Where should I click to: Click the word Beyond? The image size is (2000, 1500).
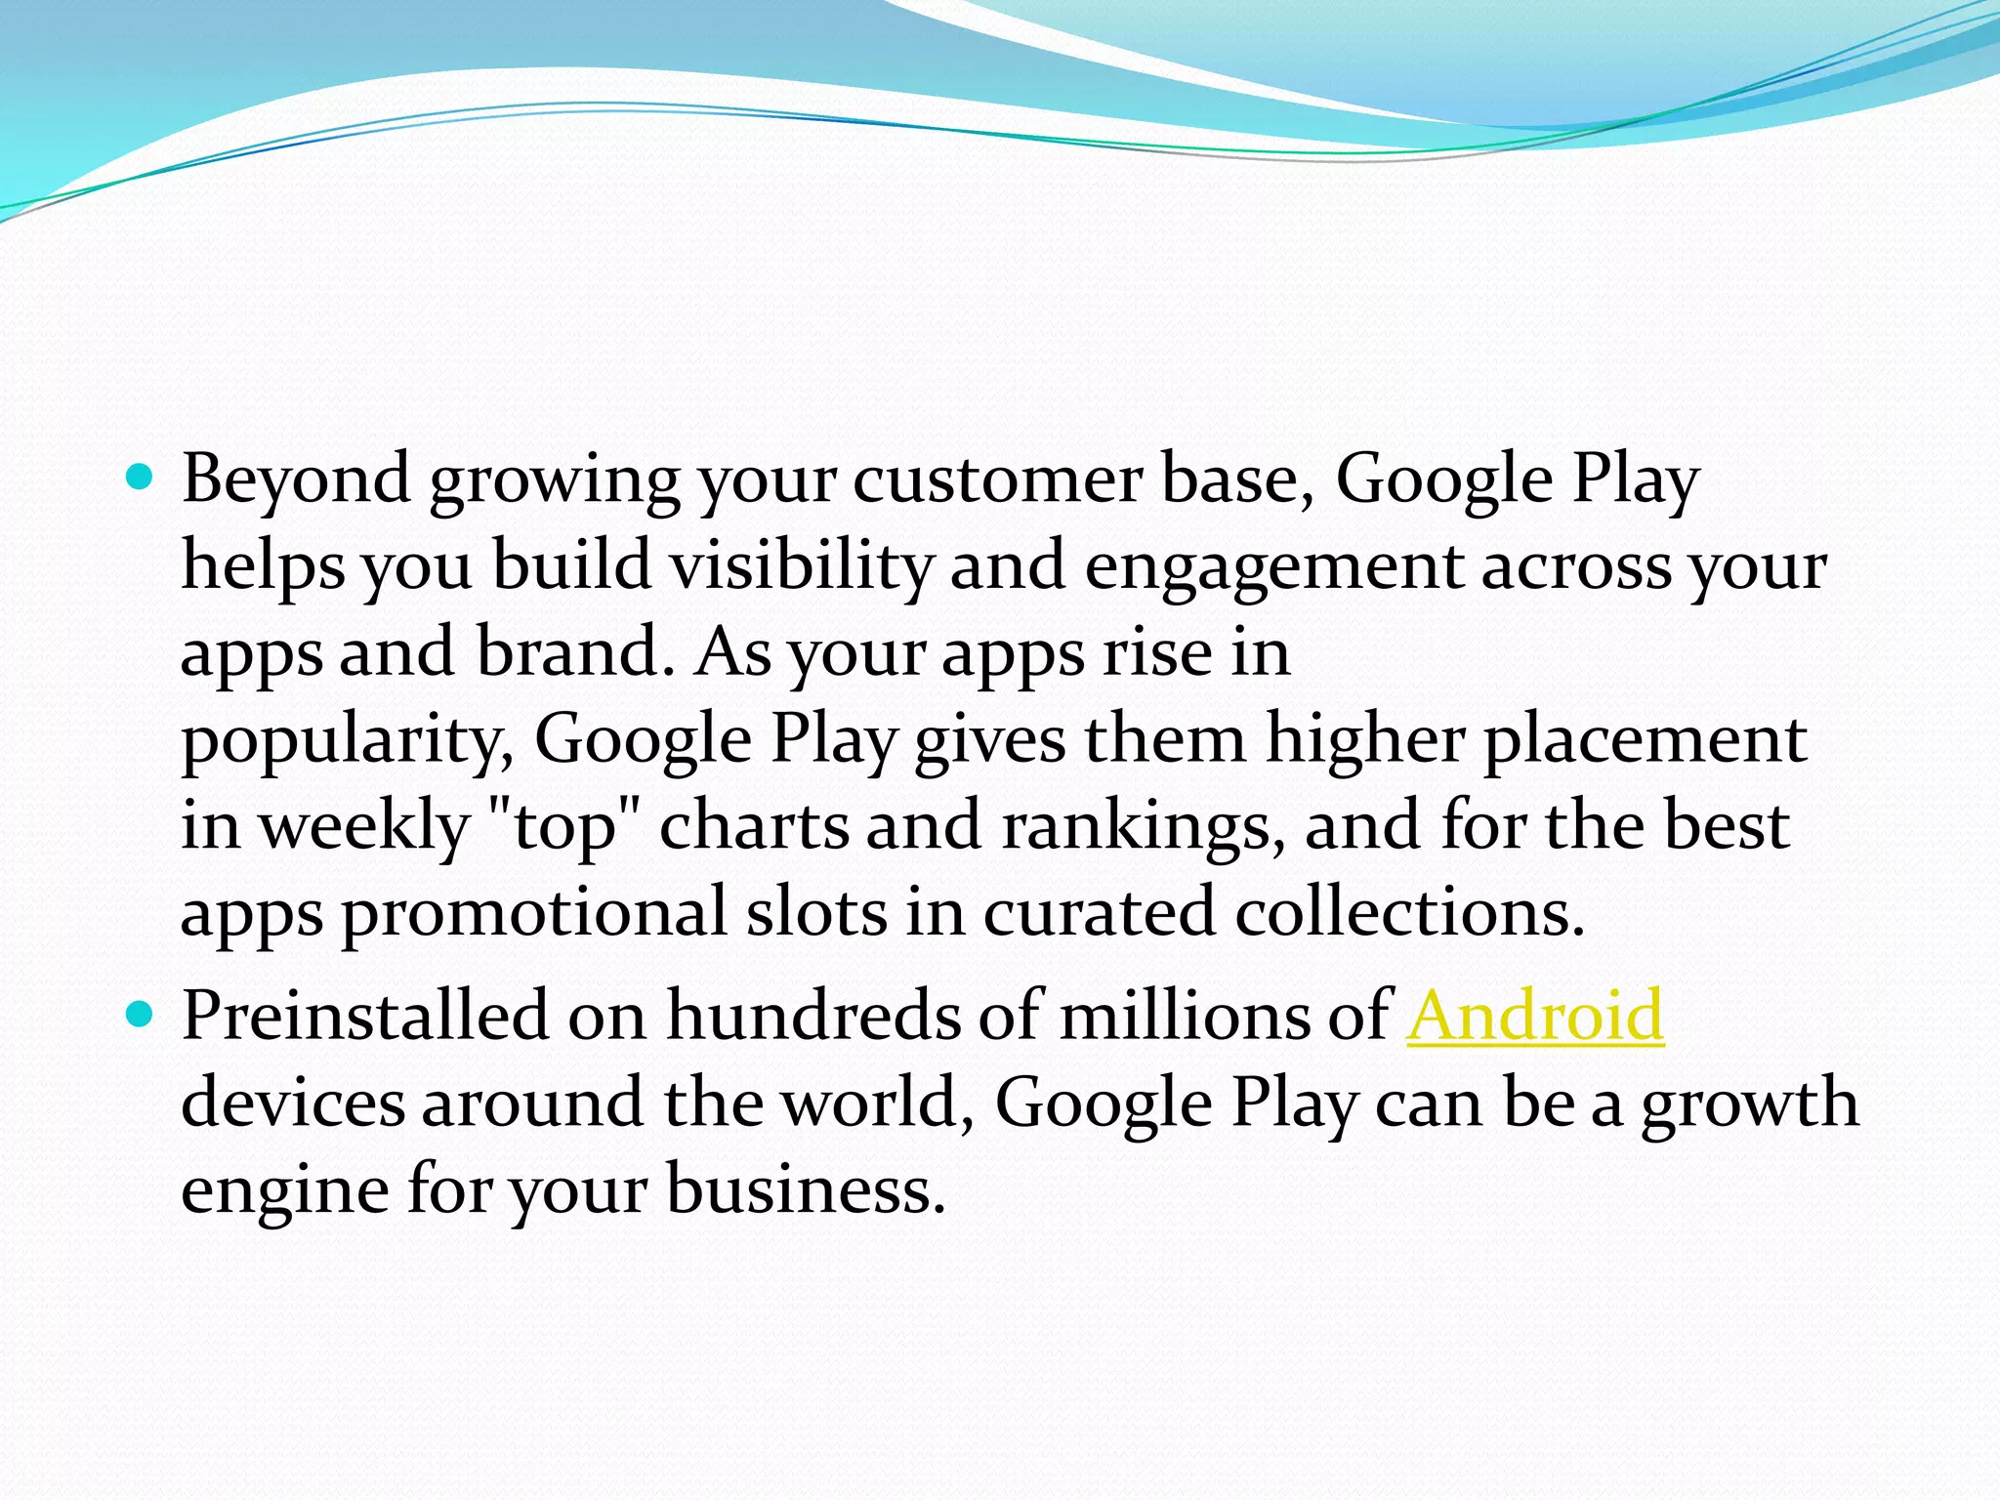[296, 479]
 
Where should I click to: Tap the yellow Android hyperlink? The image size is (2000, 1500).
[1535, 1016]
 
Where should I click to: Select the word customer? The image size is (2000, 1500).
[997, 479]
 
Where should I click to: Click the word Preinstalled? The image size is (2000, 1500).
[365, 1016]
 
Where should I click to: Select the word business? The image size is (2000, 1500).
[806, 1189]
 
